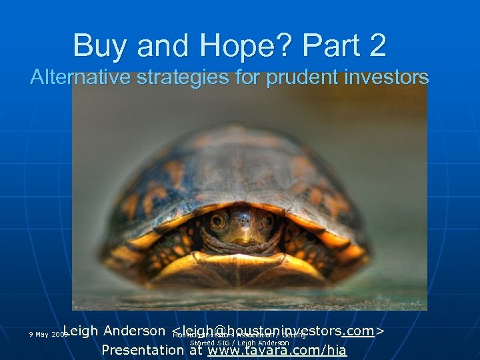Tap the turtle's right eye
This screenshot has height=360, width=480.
(268, 221)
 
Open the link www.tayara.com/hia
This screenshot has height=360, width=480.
(277, 350)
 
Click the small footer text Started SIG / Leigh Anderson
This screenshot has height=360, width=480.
(240, 343)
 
